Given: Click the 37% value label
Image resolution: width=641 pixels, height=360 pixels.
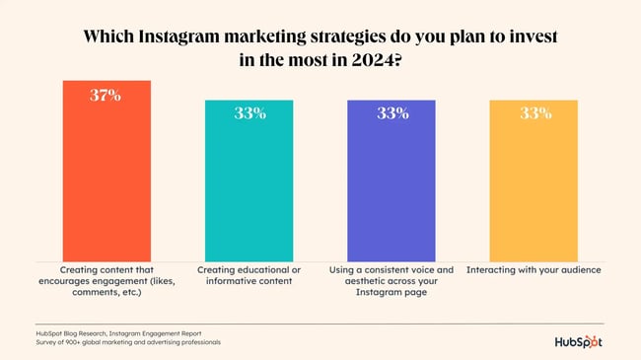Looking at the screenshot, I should [x=107, y=96].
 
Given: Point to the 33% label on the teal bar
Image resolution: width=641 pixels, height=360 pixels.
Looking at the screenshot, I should [x=249, y=112].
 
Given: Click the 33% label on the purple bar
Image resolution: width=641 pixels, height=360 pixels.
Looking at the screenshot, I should [x=392, y=112].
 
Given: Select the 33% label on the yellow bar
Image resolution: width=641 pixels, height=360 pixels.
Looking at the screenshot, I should [x=534, y=112].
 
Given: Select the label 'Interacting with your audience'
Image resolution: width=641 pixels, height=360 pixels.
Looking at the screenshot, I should [x=534, y=269].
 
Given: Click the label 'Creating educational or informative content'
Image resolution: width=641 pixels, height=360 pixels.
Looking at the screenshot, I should [x=249, y=275].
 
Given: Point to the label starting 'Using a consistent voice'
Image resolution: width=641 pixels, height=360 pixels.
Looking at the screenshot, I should [x=392, y=281].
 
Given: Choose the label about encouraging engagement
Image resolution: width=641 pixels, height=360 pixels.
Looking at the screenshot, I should [x=107, y=281].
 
